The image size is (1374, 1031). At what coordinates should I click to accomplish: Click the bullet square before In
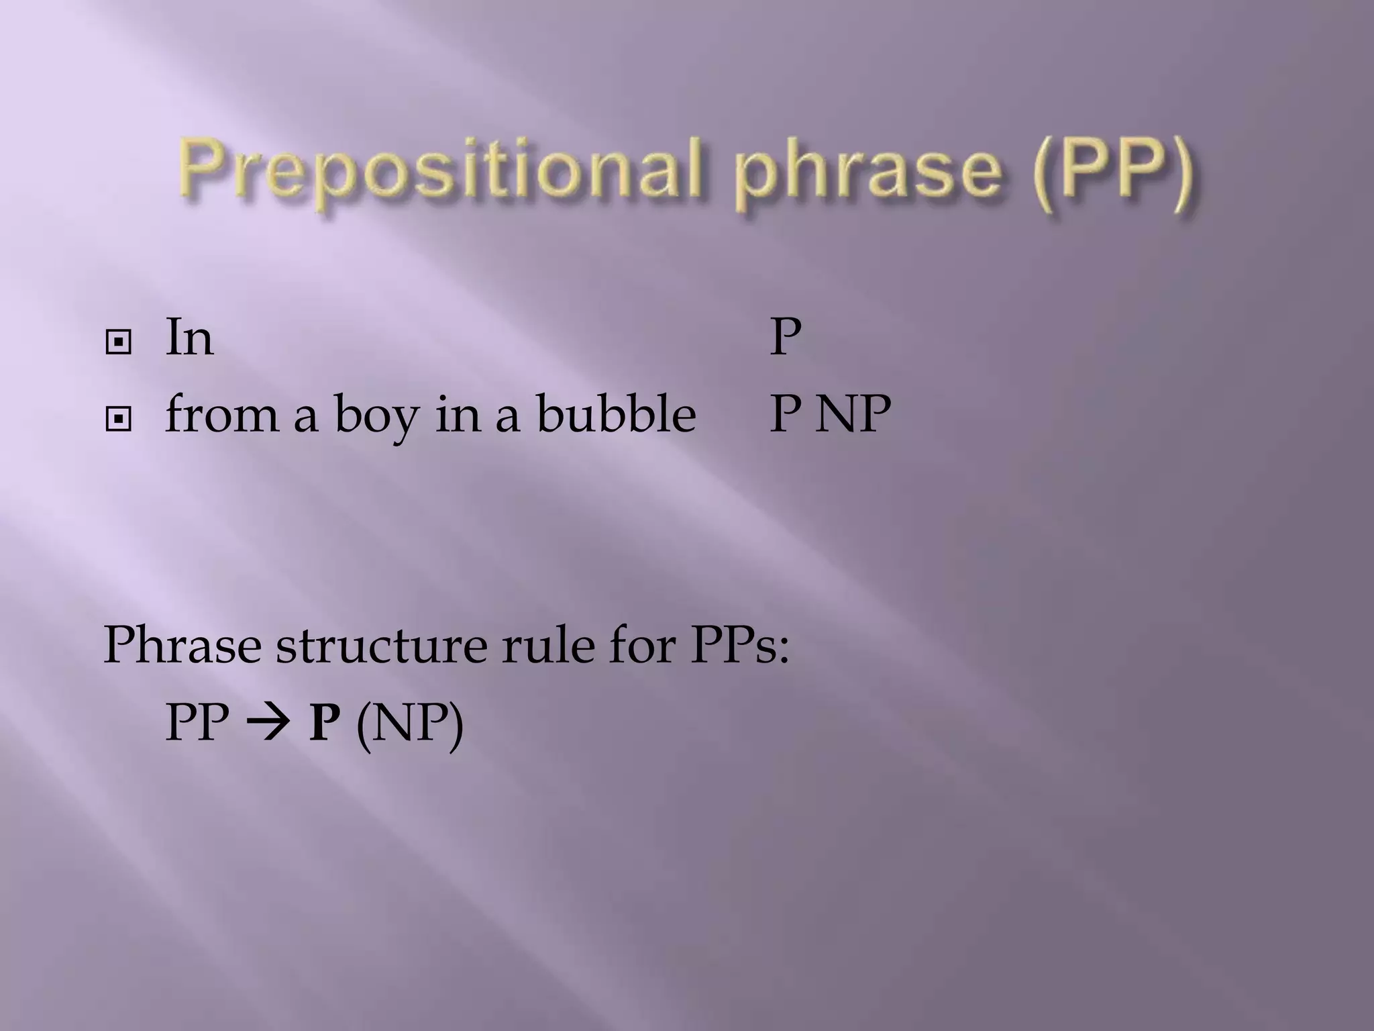(x=119, y=343)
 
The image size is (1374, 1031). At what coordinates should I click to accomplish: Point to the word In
(x=189, y=337)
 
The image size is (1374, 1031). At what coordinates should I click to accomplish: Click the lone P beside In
(x=786, y=337)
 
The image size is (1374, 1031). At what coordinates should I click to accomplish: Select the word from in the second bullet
(x=221, y=414)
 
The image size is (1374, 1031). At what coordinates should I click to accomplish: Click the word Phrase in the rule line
(x=182, y=645)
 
